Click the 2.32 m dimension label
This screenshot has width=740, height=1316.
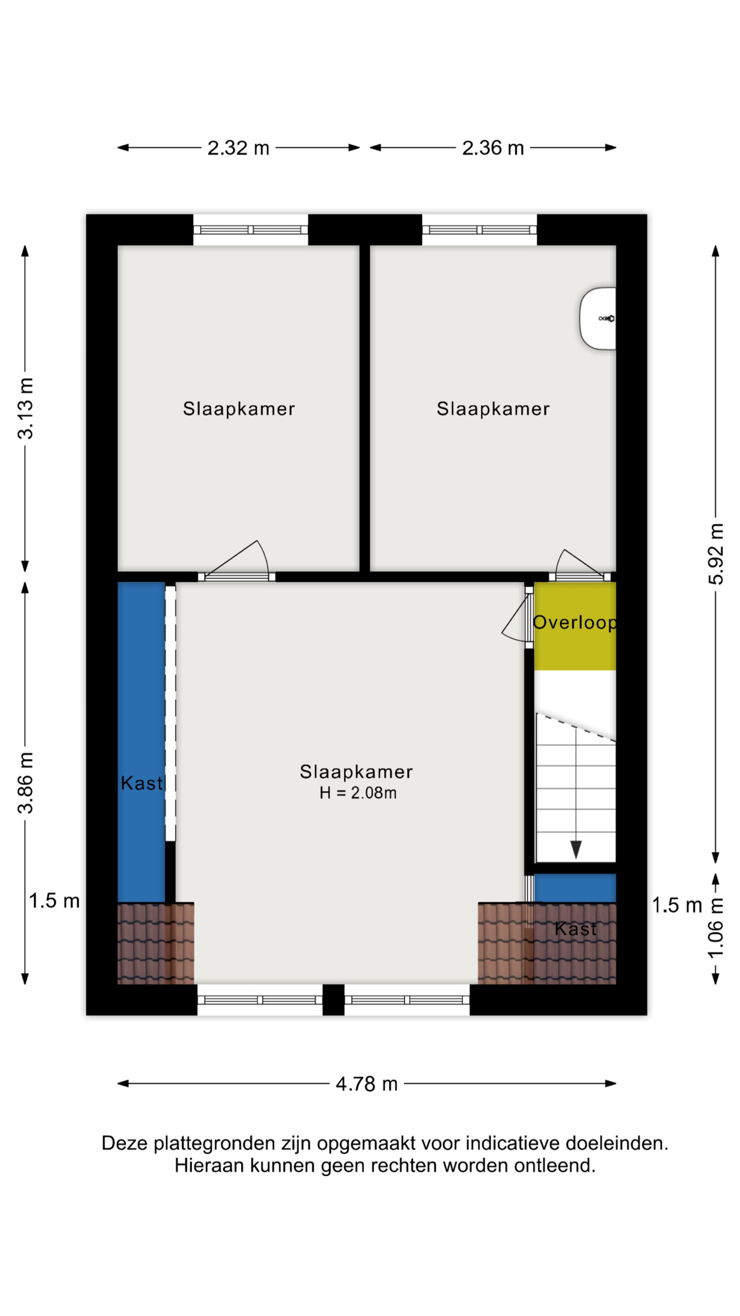pos(238,148)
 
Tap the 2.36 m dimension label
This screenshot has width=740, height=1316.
pos(493,148)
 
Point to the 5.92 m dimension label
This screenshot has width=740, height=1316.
pos(716,554)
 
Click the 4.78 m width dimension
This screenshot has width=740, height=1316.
pos(367,1084)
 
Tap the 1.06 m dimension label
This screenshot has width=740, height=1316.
pos(716,928)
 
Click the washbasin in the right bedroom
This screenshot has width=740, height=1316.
pos(598,319)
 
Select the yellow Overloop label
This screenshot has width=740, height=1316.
pos(575,622)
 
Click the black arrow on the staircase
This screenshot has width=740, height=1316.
pos(576,849)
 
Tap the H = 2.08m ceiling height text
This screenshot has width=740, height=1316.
pos(358,793)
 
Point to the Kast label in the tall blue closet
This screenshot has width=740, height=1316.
pos(142,783)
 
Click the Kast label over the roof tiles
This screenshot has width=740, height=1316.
pos(575,928)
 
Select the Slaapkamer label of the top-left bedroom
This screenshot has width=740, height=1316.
pos(239,409)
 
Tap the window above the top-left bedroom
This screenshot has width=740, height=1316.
pos(251,230)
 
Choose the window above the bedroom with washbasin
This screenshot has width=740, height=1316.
pos(479,230)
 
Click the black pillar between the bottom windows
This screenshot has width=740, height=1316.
pos(333,1000)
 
